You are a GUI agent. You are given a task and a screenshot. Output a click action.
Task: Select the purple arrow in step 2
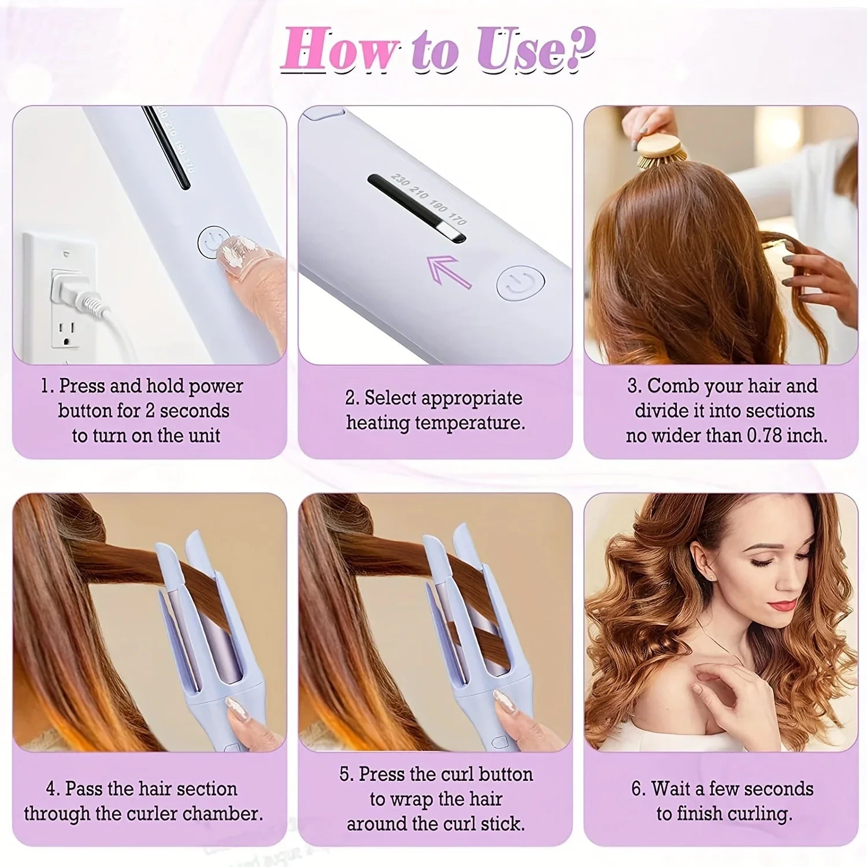click(x=449, y=272)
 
